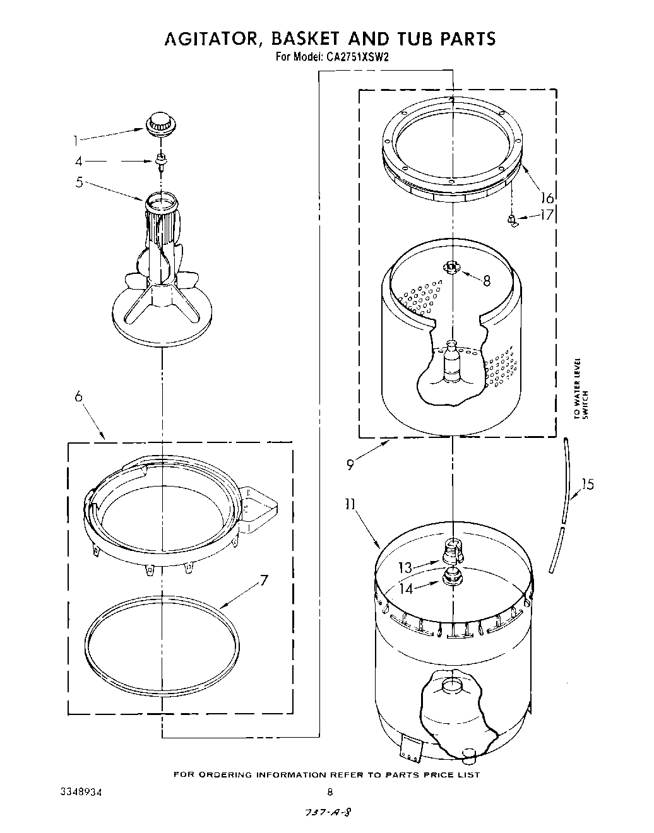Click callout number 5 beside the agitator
tap(80, 183)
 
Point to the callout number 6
tap(79, 396)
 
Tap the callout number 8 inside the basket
tap(486, 281)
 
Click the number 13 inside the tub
tap(406, 568)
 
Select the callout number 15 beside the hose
tap(587, 485)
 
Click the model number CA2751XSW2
tap(357, 56)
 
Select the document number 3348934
tap(75, 791)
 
